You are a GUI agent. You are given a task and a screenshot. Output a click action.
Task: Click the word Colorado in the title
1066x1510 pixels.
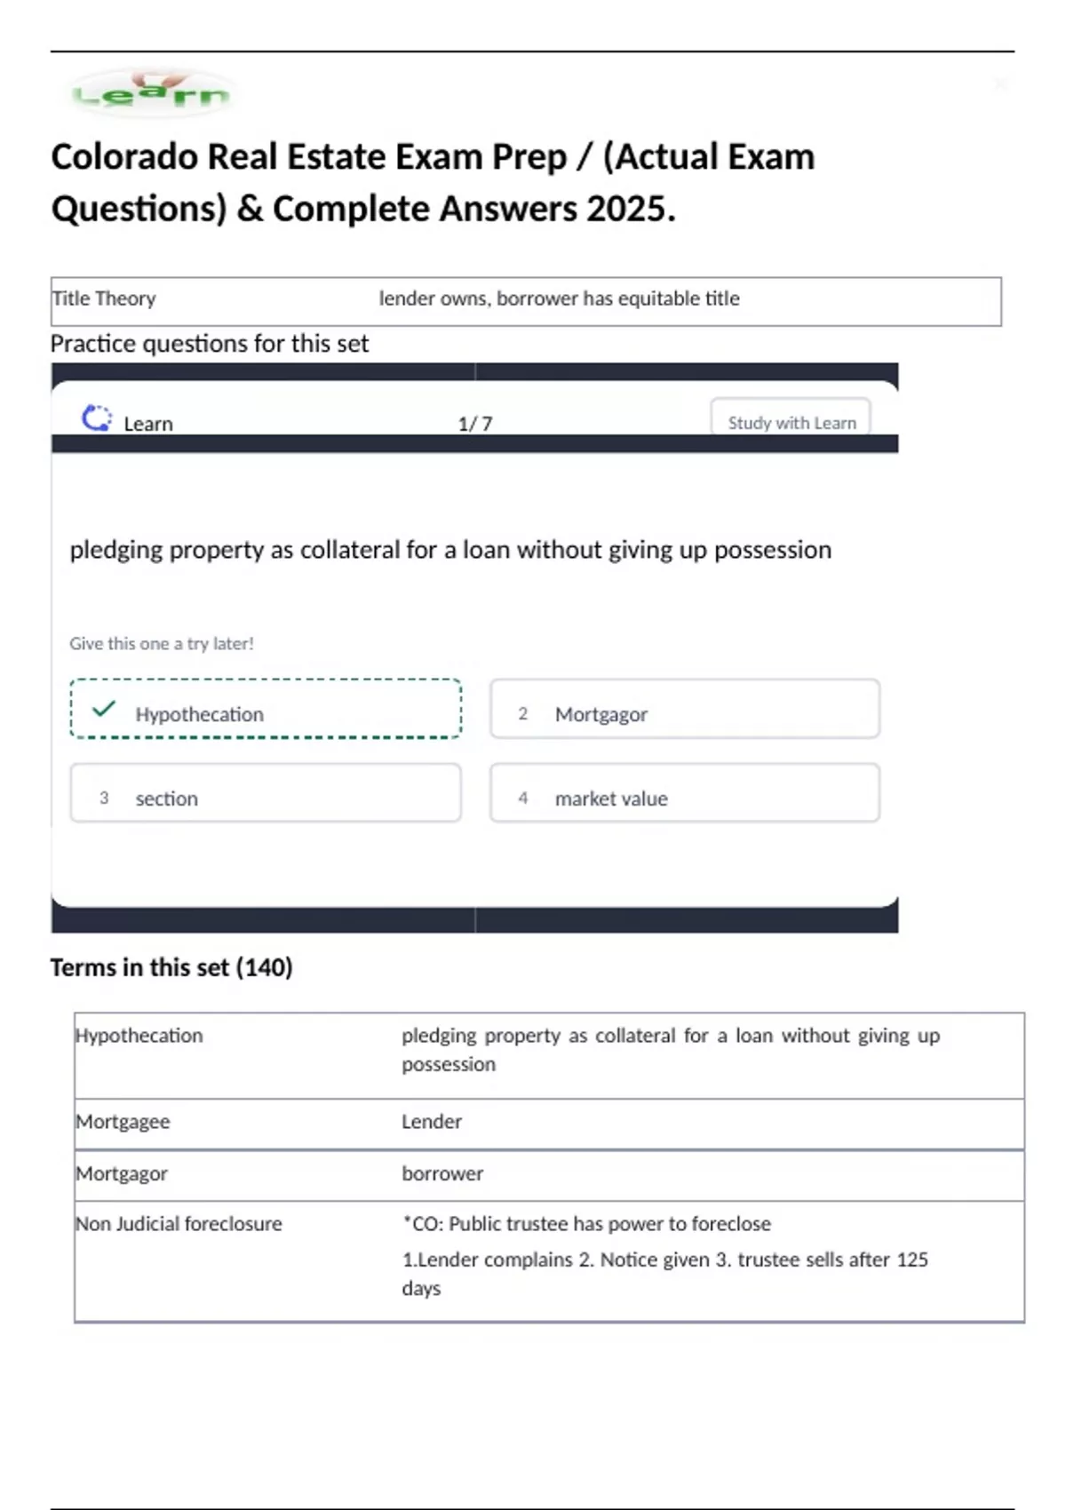[x=123, y=157]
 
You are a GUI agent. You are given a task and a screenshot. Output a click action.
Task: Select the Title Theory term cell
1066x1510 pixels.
[x=104, y=298]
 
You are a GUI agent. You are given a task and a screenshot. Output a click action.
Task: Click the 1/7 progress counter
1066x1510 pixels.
[x=474, y=424]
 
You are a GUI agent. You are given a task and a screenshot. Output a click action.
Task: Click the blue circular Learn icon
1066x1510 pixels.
[x=97, y=418]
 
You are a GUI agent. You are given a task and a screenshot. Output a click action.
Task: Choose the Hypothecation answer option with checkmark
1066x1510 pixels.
[x=266, y=709]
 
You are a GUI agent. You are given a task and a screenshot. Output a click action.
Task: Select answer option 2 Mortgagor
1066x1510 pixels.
[x=684, y=709]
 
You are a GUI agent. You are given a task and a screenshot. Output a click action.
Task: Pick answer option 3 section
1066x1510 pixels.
[x=266, y=793]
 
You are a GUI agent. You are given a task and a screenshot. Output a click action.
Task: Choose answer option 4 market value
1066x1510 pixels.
[x=684, y=793]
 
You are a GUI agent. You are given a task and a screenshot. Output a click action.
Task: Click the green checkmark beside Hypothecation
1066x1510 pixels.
[x=104, y=709]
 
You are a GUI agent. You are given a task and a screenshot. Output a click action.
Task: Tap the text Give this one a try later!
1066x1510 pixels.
[x=162, y=643]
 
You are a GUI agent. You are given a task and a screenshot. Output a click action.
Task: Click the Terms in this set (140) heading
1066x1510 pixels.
[x=171, y=967]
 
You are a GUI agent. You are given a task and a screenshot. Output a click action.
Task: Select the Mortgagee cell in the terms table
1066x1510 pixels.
[x=123, y=1122]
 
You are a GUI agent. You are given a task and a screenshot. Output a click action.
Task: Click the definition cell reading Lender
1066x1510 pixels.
[x=432, y=1122]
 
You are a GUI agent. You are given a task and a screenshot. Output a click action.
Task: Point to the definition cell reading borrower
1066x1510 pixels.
[x=442, y=1173]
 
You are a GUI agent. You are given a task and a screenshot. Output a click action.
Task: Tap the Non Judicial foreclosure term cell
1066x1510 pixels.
[x=179, y=1224]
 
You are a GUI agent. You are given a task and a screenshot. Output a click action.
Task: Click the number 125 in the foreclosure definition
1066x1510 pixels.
[x=911, y=1260]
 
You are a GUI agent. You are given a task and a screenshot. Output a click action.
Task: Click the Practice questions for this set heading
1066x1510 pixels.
[x=210, y=344]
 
